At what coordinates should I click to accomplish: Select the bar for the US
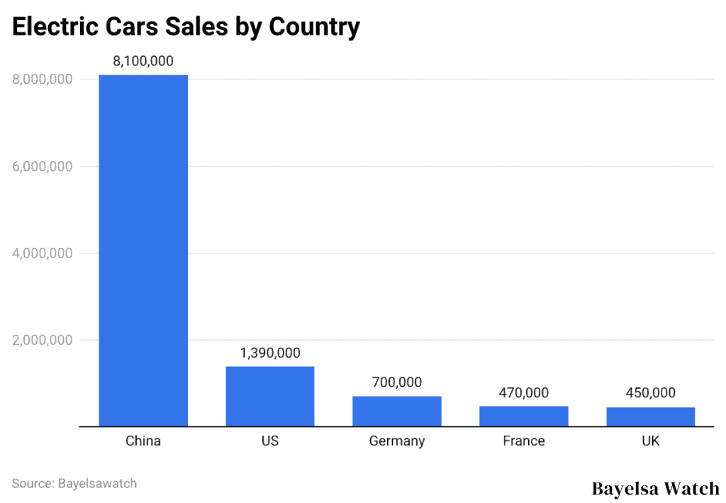click(x=270, y=396)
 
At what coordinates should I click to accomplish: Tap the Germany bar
click(x=397, y=411)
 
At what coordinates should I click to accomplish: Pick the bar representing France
click(x=524, y=416)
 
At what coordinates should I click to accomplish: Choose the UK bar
click(x=651, y=417)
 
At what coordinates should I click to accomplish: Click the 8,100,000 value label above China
click(x=143, y=61)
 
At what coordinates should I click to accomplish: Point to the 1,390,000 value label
click(x=270, y=353)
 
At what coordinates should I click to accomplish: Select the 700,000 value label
click(x=397, y=382)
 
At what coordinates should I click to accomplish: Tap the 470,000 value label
click(x=524, y=393)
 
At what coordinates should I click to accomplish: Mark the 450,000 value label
click(x=651, y=393)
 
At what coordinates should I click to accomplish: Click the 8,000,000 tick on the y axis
click(x=42, y=79)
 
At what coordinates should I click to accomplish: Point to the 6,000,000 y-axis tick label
click(x=42, y=167)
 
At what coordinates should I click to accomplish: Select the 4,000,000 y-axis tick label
click(x=42, y=253)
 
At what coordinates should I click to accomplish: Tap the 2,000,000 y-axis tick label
click(x=42, y=340)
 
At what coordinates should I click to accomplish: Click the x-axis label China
click(x=143, y=441)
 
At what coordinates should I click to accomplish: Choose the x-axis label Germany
click(x=397, y=441)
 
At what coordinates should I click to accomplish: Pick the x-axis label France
click(x=524, y=441)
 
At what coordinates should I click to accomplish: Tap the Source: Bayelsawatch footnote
click(x=74, y=484)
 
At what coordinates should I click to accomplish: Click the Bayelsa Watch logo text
click(x=655, y=489)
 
